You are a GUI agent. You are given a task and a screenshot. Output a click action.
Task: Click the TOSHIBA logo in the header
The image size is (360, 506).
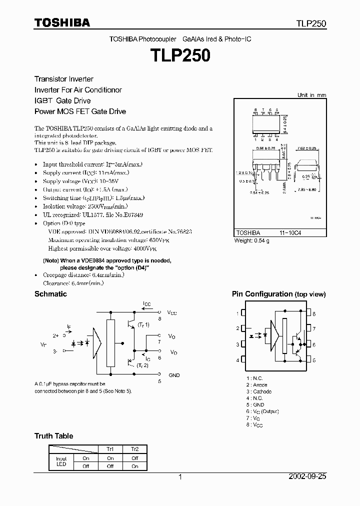click(x=62, y=22)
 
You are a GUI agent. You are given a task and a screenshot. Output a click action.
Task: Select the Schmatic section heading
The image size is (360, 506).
click(x=50, y=294)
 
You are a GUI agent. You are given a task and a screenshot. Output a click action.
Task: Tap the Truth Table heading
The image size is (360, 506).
click(x=53, y=436)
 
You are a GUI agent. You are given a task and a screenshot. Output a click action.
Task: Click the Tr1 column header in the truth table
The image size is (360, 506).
click(x=110, y=449)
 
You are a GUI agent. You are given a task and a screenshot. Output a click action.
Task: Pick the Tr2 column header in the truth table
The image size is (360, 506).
click(x=135, y=449)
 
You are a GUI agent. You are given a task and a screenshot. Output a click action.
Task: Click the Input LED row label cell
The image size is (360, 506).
click(x=61, y=461)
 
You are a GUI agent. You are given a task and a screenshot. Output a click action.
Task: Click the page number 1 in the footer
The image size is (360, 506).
click(x=180, y=477)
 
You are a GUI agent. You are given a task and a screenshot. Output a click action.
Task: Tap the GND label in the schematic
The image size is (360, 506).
click(x=174, y=375)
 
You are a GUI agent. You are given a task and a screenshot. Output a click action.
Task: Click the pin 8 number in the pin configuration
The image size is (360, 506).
click(x=314, y=313)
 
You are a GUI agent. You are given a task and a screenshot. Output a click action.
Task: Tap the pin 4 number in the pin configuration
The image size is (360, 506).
click(x=237, y=360)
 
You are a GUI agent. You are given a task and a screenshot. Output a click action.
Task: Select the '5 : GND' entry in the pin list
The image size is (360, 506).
click(x=255, y=404)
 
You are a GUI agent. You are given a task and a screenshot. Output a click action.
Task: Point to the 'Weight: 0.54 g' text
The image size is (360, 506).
click(x=252, y=240)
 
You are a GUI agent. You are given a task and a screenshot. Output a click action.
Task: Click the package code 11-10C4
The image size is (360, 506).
click(x=290, y=233)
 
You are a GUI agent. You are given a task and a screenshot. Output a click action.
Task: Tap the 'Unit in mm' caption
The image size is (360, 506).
click(x=311, y=95)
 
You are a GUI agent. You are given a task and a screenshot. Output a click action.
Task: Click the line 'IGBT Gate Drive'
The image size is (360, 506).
click(x=62, y=100)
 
